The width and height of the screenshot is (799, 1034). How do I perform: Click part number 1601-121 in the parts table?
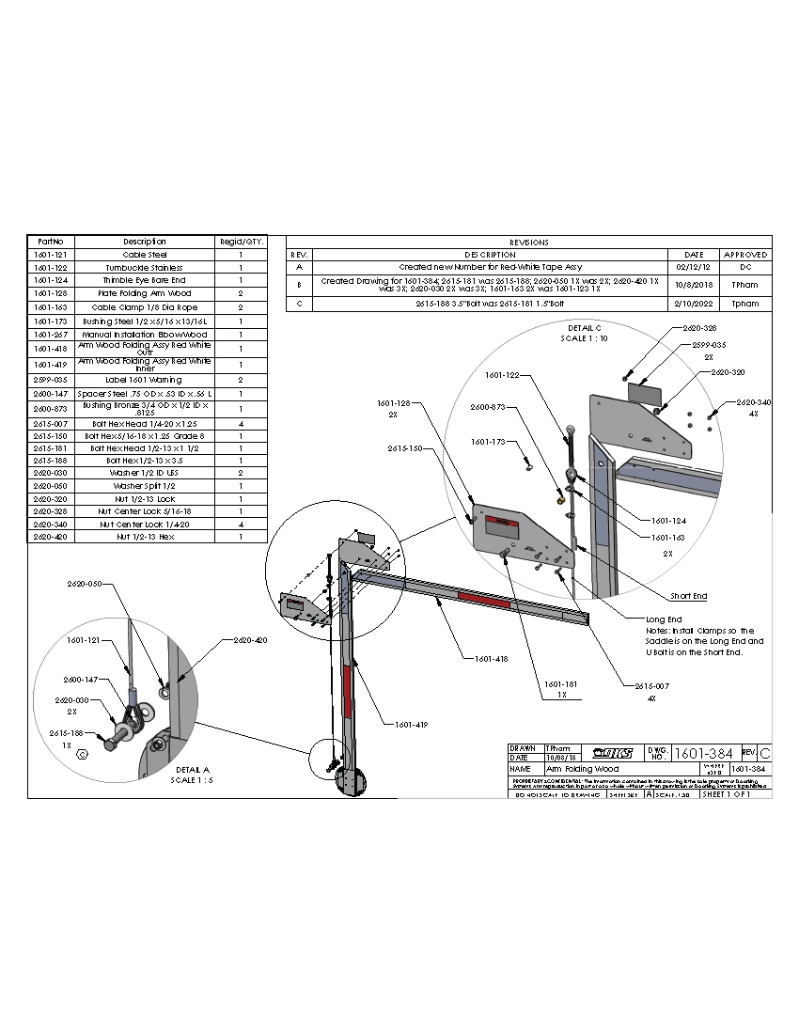tap(49, 255)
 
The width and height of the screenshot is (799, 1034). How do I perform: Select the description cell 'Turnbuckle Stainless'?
tap(145, 268)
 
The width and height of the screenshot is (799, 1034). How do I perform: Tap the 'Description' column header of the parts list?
tap(145, 242)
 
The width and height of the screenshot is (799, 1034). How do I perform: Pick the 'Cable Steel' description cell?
tap(145, 255)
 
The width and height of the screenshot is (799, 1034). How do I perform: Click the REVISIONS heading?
tap(528, 242)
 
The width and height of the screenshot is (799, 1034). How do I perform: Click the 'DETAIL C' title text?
tap(585, 327)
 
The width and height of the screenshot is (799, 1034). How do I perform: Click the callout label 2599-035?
tap(710, 346)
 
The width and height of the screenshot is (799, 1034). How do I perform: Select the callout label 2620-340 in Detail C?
tap(753, 401)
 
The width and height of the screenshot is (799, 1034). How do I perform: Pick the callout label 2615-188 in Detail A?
tap(68, 732)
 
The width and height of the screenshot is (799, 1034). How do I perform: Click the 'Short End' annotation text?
tap(688, 596)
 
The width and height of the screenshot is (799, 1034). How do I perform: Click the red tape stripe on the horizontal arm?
tap(483, 598)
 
